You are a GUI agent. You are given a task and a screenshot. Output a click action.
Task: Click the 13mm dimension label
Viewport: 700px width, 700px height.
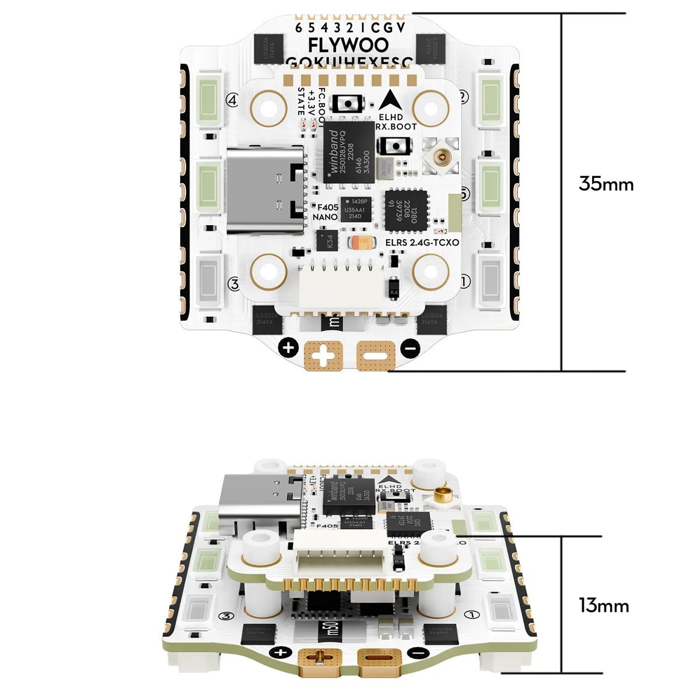tap(604, 605)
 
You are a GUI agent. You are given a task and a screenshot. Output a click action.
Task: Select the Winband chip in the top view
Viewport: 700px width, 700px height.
tap(348, 153)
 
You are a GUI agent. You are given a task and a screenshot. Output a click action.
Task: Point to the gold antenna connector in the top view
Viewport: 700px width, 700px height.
tap(442, 157)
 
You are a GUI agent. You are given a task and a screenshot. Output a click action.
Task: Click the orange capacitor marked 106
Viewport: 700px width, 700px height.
tap(362, 242)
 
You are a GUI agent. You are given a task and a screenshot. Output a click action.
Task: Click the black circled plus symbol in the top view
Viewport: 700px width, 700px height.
tap(288, 348)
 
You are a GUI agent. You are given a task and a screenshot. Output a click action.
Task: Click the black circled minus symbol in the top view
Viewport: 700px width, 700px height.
tap(410, 349)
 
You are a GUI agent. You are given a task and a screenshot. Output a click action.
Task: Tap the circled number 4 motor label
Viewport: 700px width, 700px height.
tap(232, 100)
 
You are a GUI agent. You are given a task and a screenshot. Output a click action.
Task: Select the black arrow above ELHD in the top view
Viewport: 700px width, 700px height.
tap(390, 100)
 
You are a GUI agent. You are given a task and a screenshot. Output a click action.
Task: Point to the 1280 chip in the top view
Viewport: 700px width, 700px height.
tap(407, 209)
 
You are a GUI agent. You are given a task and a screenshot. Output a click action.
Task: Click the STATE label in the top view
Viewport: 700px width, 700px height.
tap(301, 101)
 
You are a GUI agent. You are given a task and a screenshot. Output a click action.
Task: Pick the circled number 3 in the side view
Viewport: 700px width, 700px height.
tap(226, 617)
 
